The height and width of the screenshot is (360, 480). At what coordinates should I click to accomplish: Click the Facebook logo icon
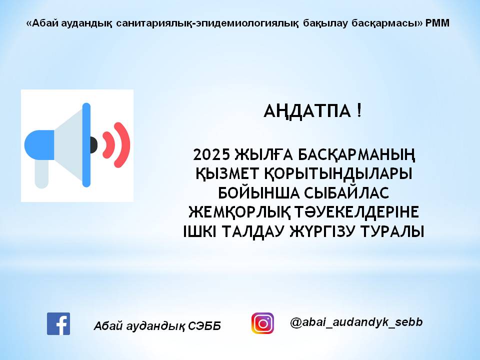[x=58, y=323]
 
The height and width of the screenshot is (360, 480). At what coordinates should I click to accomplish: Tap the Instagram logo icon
[x=262, y=323]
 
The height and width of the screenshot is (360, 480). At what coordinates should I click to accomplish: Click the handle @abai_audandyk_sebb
[x=356, y=322]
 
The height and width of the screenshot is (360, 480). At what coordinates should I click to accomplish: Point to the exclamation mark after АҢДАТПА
[x=359, y=111]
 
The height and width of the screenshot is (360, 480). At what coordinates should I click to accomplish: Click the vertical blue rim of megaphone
[x=86, y=145]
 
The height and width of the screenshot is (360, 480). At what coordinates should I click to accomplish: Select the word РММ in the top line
[x=437, y=23]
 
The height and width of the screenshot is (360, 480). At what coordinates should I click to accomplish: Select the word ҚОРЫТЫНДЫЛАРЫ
[x=348, y=173]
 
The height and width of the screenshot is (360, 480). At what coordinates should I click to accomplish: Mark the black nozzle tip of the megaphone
[x=93, y=144]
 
